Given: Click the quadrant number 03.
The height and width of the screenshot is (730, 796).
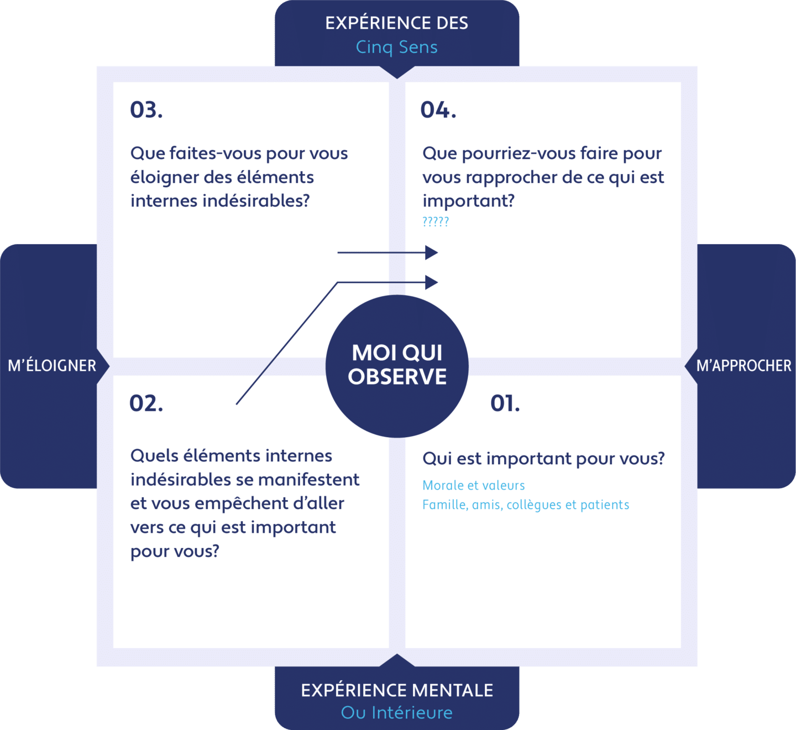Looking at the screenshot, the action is [x=146, y=110].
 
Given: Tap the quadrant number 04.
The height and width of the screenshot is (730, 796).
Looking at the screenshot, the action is [x=438, y=110].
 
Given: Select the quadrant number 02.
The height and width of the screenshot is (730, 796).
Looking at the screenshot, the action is [x=146, y=403].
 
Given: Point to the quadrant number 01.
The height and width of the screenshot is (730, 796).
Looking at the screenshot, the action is [x=505, y=403].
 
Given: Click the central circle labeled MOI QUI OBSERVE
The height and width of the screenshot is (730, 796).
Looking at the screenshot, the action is [x=397, y=366].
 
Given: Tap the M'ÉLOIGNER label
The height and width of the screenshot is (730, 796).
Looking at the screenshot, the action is [x=52, y=366].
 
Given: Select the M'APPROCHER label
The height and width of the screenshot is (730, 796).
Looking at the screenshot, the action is [x=744, y=366].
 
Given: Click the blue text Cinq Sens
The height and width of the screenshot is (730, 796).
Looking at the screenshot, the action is [x=397, y=47].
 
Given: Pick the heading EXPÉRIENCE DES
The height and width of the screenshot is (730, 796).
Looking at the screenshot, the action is [x=397, y=23].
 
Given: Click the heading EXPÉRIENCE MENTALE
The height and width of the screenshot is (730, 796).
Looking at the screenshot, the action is [x=397, y=690].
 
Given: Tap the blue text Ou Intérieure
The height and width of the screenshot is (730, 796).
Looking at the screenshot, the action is [x=397, y=713].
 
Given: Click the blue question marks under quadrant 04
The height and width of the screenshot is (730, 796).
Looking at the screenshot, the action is [x=436, y=222].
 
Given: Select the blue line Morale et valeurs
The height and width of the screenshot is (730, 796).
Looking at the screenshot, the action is [x=473, y=485].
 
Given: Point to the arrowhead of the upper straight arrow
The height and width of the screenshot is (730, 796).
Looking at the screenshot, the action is [x=431, y=253].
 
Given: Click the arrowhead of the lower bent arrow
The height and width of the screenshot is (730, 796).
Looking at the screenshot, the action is [x=431, y=282].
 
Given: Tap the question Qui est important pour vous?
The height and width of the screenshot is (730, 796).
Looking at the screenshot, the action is [x=543, y=459].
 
